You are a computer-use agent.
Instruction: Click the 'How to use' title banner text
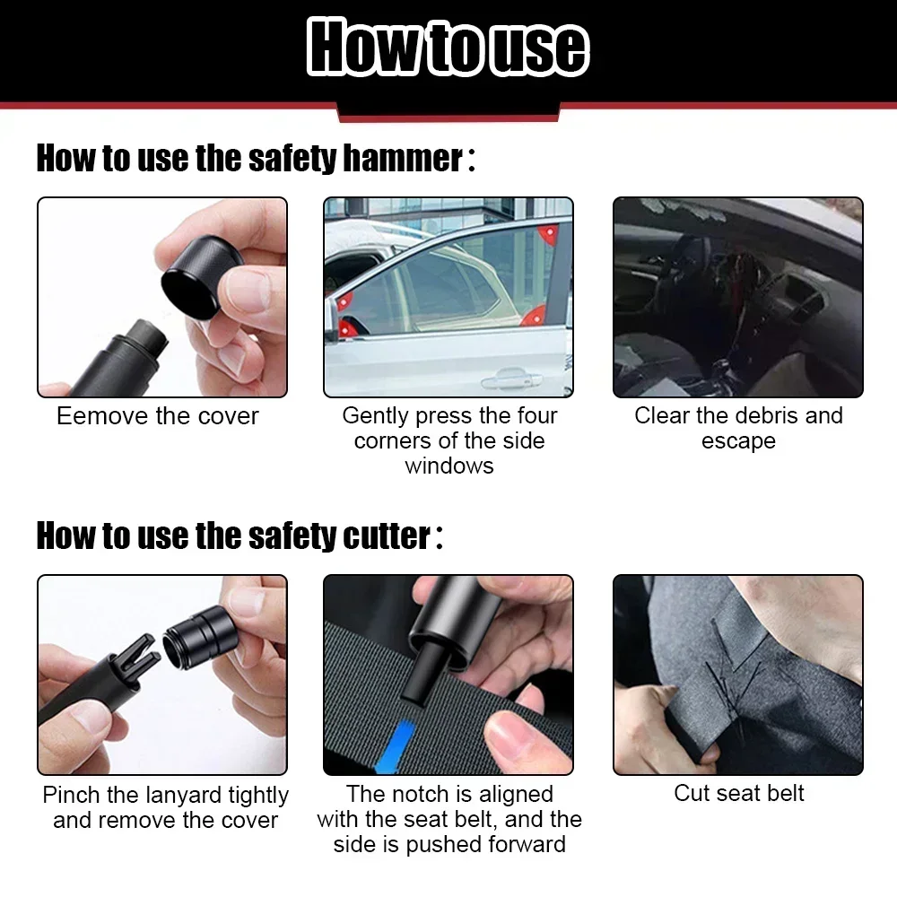448,48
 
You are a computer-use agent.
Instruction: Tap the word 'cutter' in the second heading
386,536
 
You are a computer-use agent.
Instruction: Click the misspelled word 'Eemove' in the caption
93,416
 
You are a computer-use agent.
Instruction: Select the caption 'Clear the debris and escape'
738,428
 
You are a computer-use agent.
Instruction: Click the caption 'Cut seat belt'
738,793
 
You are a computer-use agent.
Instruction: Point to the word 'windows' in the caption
448,466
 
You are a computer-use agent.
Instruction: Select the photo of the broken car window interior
737,297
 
